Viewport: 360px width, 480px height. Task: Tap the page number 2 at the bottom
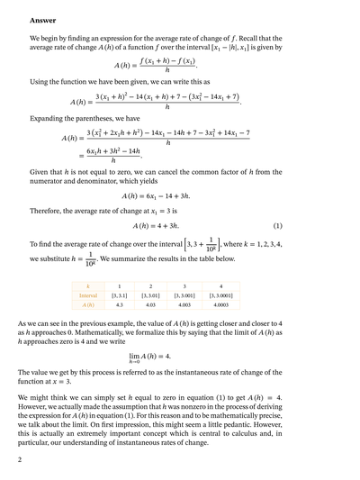31,460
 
